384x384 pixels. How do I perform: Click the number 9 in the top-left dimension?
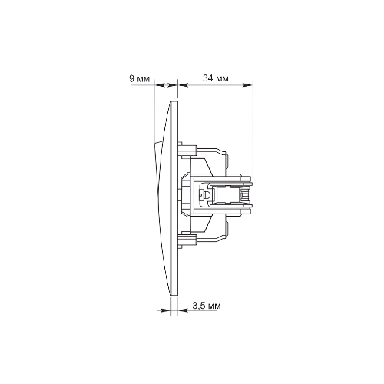click(x=132, y=78)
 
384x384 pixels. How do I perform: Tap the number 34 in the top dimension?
click(x=208, y=78)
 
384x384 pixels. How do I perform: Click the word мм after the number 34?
click(x=222, y=79)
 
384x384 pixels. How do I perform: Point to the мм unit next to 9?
click(x=144, y=79)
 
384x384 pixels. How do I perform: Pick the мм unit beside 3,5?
click(x=214, y=306)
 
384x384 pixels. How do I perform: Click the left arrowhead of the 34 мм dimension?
click(x=183, y=84)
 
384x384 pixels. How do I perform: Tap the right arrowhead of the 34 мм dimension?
click(x=247, y=84)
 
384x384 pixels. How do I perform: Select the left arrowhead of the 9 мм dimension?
click(x=159, y=84)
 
